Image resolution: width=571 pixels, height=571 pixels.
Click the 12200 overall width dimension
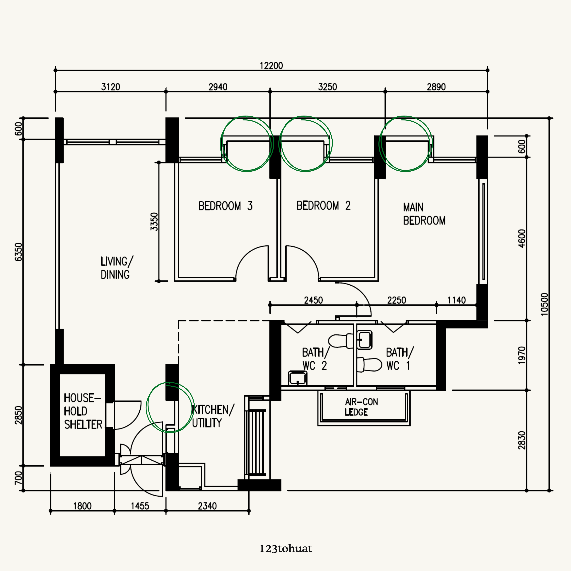coord(271,66)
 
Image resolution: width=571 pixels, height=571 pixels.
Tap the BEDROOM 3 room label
coord(225,206)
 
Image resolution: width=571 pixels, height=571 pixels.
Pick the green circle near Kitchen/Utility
coord(170,407)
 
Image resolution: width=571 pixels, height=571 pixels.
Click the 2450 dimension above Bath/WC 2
coord(313,300)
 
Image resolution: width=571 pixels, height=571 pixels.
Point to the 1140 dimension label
coord(456,300)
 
